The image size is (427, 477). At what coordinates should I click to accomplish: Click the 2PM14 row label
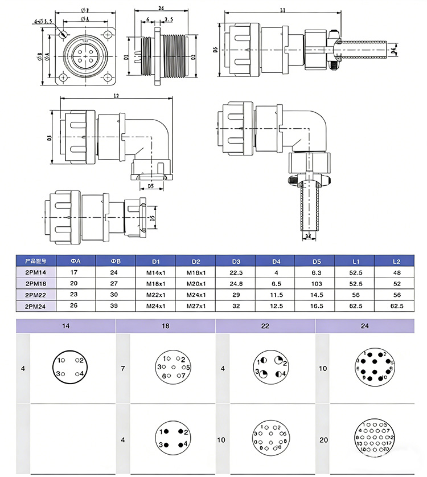[36, 272]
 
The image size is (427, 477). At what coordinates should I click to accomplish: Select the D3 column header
[236, 261]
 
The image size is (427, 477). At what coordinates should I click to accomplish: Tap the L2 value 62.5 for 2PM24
[396, 306]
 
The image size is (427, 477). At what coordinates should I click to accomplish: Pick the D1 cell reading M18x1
[156, 283]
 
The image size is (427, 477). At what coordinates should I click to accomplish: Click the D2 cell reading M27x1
[196, 306]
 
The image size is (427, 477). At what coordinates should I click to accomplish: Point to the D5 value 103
[317, 283]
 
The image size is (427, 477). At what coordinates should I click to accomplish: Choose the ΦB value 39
[116, 306]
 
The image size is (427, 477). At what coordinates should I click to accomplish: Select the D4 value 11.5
[276, 295]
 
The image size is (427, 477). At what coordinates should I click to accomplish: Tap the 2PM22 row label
[36, 295]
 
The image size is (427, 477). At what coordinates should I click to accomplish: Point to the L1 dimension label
[283, 10]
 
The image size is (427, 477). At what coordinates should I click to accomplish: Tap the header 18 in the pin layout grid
[165, 327]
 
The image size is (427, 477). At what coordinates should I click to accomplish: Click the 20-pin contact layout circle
[372, 438]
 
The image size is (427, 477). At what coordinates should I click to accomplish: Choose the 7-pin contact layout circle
[172, 368]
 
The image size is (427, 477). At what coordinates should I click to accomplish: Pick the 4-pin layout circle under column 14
[72, 368]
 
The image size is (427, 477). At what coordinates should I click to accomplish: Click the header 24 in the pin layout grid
[364, 327]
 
